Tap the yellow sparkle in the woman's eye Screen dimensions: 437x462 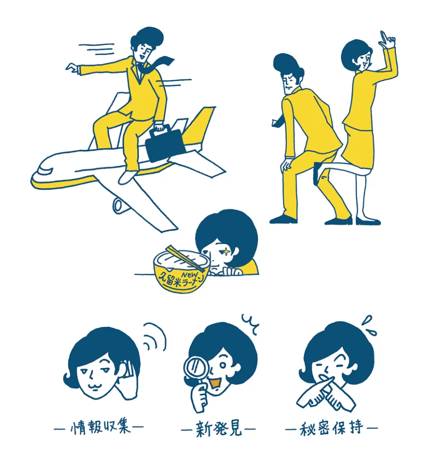click(x=226, y=251)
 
